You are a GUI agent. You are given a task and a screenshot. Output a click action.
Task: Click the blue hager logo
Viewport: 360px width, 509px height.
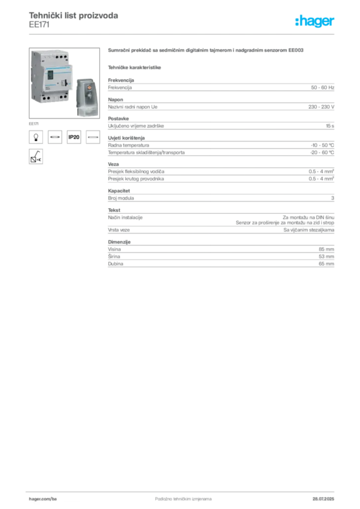315,22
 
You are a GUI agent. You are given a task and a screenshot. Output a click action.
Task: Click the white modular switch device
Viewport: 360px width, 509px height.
52,77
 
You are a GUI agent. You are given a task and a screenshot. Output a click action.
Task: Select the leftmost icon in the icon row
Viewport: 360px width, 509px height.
35,136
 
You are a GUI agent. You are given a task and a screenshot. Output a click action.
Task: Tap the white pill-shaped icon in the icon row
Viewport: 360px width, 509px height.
93,137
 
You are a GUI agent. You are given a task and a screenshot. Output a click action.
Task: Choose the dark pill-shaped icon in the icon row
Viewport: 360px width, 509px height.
55,137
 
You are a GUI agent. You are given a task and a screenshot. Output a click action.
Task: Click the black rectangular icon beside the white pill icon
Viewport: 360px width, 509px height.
74,137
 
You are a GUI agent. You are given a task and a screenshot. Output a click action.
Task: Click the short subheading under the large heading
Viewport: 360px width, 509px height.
135,66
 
